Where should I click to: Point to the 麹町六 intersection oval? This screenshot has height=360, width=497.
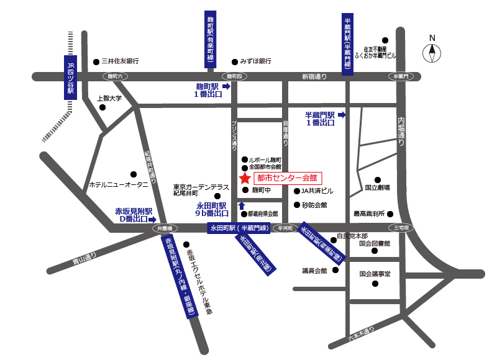click(x=116, y=76)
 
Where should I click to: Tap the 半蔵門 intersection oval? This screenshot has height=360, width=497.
click(x=401, y=76)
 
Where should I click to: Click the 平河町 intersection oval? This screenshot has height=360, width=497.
click(x=286, y=228)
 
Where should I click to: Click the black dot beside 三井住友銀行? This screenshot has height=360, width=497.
click(x=96, y=61)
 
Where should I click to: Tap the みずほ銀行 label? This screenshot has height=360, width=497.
click(x=255, y=61)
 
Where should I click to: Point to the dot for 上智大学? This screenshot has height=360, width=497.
click(x=103, y=107)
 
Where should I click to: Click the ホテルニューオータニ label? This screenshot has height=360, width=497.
click(x=119, y=185)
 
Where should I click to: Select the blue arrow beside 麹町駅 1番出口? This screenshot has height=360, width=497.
click(x=226, y=87)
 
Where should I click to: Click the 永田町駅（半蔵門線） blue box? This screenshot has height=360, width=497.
click(x=239, y=228)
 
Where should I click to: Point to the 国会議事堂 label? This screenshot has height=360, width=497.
click(x=375, y=273)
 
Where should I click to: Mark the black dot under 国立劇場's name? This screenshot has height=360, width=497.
click(x=377, y=180)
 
